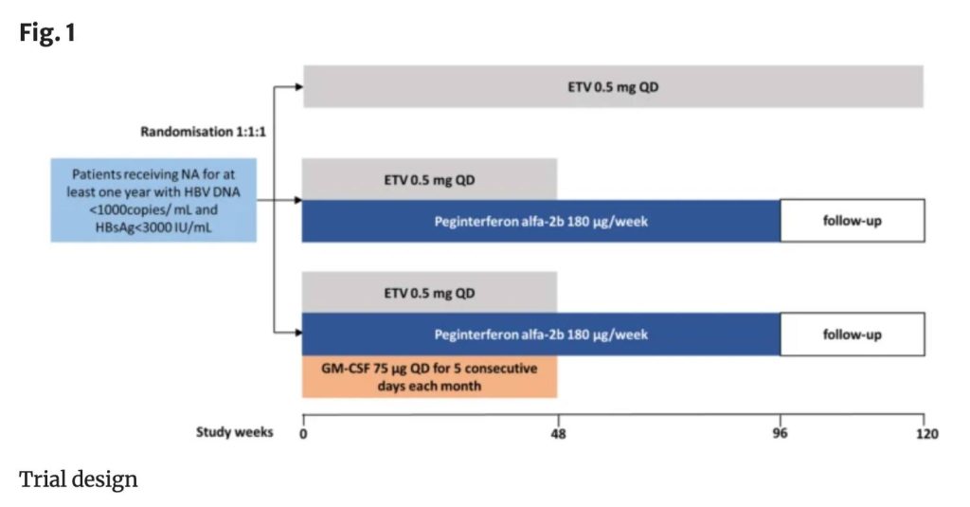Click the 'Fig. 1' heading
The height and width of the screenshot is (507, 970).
(x=46, y=34)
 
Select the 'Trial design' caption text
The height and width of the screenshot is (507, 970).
(x=79, y=479)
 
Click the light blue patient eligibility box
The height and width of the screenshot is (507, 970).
(x=154, y=200)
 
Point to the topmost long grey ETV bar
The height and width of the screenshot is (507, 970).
(x=613, y=86)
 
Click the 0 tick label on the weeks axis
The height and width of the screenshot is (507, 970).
(x=302, y=434)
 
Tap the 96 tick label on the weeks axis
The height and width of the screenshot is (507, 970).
(x=781, y=434)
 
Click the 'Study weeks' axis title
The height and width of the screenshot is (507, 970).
(x=234, y=432)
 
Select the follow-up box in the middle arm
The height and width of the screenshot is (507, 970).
(x=852, y=221)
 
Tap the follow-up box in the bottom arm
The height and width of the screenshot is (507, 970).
(x=852, y=335)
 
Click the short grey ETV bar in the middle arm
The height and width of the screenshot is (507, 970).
(x=429, y=179)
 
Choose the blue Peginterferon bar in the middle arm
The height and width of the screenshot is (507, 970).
(x=541, y=221)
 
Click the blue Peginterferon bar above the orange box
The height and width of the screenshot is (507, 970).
(x=541, y=335)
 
